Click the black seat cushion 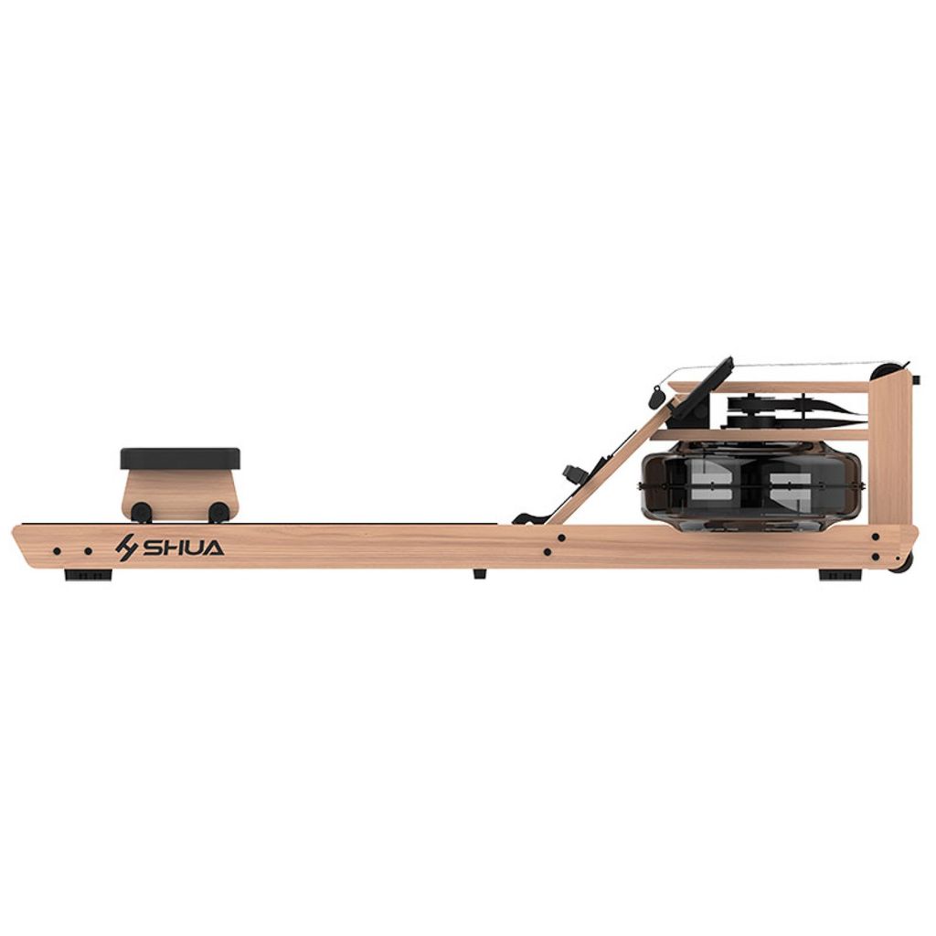point(180,459)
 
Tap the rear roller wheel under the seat point(142,512)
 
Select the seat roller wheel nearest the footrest point(219,512)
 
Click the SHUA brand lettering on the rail point(183,548)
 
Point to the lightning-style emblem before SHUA point(126,548)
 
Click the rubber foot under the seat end point(88,576)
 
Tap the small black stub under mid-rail point(479,573)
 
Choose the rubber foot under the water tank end point(841,576)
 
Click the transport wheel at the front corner point(902,562)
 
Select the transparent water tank point(751,486)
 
